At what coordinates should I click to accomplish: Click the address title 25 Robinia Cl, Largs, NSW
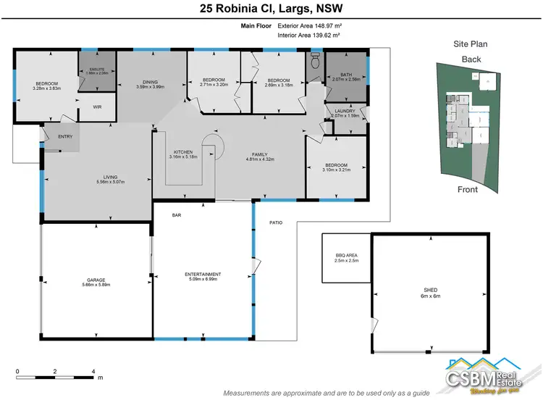point(271,9)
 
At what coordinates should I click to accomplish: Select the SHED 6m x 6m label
point(430,289)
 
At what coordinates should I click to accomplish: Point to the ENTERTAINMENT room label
point(203,274)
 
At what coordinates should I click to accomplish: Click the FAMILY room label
point(260,154)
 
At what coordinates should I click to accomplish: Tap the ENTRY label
point(65,136)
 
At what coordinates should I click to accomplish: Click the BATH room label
point(345,75)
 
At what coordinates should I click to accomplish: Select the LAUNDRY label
point(345,111)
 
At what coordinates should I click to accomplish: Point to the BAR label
point(175,214)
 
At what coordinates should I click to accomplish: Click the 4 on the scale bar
point(93,370)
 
